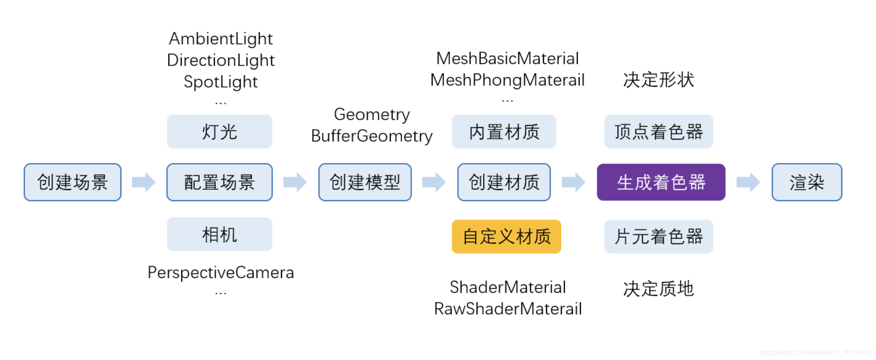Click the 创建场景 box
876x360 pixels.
(73, 182)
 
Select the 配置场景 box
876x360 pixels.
(219, 182)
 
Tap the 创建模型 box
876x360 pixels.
(365, 182)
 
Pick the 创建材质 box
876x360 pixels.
(504, 182)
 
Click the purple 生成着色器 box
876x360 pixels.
(661, 182)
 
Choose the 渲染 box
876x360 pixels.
(807, 182)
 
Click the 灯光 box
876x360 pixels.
(219, 132)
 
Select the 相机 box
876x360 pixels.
(219, 234)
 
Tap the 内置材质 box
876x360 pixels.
(504, 132)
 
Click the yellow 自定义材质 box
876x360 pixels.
(506, 237)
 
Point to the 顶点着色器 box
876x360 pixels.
(658, 132)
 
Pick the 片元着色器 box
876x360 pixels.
(658, 237)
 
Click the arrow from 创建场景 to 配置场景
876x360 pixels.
(144, 182)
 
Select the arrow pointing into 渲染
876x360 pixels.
(748, 182)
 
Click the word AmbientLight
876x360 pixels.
(221, 39)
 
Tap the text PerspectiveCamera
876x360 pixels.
(221, 272)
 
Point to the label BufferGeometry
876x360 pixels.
(372, 136)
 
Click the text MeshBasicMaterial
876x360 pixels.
(507, 59)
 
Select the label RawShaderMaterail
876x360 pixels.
(508, 309)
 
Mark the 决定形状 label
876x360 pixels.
(658, 80)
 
